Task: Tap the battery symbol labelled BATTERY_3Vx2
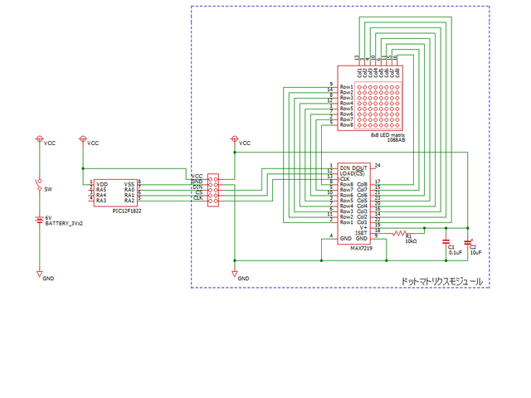pyautogui.click(x=39, y=220)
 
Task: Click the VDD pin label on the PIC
pyautogui.click(x=101, y=184)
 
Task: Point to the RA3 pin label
pyautogui.click(x=101, y=201)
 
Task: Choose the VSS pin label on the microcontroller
pyautogui.click(x=129, y=184)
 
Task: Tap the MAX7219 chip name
pyautogui.click(x=361, y=247)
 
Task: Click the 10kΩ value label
pyautogui.click(x=411, y=242)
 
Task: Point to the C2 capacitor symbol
pyautogui.click(x=467, y=242)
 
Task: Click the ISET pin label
pyautogui.click(x=363, y=233)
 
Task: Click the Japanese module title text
pyautogui.click(x=441, y=281)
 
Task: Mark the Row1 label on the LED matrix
pyautogui.click(x=347, y=86)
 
